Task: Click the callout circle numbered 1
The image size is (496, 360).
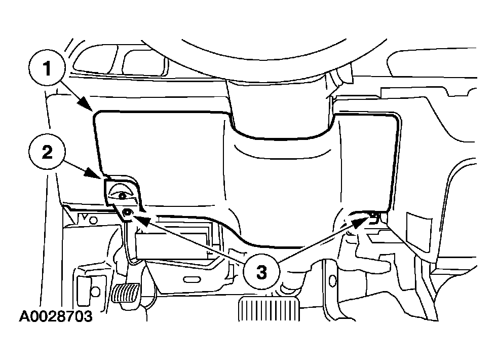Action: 47,68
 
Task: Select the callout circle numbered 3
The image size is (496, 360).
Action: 261,272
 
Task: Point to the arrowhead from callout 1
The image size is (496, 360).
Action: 86,103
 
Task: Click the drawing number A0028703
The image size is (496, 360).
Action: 56,316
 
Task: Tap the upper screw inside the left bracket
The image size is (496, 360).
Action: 122,196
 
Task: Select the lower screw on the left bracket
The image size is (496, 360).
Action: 127,212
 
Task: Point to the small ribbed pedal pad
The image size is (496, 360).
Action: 126,293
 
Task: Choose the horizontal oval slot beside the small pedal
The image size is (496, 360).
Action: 192,279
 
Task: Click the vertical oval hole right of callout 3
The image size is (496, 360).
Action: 332,281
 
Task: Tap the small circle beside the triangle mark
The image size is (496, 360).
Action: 93,220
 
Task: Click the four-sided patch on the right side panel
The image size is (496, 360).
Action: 418,226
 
